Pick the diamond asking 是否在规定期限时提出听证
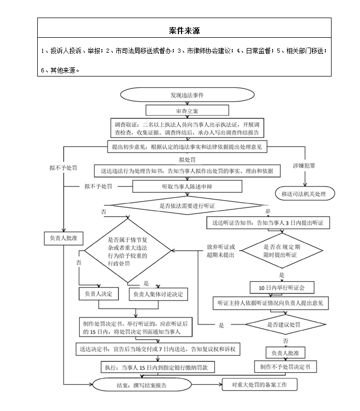tap(282, 251)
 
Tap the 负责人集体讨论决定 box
tap(157, 294)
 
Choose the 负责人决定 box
tap(99, 294)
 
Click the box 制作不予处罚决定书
tap(285, 367)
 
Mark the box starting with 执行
tap(158, 367)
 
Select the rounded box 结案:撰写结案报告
tap(139, 385)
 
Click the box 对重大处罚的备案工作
tap(260, 385)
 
